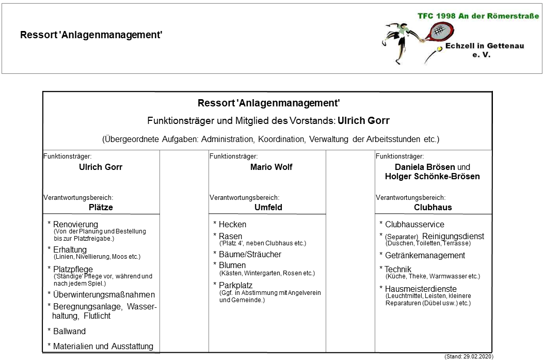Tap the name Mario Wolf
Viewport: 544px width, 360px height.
point(271,167)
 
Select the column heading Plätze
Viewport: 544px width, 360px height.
point(101,208)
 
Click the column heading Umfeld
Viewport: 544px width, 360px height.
point(268,208)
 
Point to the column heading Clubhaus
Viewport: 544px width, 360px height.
point(433,208)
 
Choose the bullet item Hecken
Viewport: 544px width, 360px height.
point(232,225)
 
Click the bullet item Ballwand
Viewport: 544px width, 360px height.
point(69,332)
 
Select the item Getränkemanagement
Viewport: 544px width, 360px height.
point(425,256)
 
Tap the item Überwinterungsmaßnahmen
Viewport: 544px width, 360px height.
point(104,295)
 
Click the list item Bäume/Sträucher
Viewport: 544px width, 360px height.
point(250,255)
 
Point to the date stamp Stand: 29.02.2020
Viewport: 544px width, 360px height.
point(468,356)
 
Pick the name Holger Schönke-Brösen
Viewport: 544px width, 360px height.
point(433,177)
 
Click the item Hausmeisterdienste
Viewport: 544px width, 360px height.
point(421,289)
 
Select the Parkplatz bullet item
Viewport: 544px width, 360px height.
point(236,285)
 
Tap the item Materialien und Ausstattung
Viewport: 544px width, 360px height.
point(103,347)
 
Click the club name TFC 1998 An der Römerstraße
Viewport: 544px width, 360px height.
point(478,16)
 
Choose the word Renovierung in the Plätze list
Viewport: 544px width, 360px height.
point(75,225)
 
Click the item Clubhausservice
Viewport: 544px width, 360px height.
point(414,225)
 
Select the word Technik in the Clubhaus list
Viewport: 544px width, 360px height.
point(398,269)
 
